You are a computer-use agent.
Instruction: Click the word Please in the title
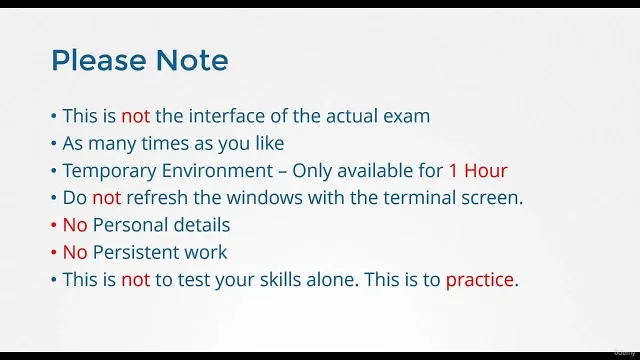pos(99,60)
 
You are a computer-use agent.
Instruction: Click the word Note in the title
pos(192,60)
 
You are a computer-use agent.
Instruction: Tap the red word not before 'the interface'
pos(136,116)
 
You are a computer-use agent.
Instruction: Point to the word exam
pos(407,117)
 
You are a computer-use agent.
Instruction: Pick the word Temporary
pos(109,171)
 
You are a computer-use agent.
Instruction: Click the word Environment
pos(218,171)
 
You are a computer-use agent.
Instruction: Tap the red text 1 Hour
pos(478,171)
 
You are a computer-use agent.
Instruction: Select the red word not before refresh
pos(107,198)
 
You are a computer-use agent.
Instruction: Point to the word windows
pos(264,198)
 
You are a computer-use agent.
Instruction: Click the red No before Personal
pos(75,225)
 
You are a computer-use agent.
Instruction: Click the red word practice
pos(480,280)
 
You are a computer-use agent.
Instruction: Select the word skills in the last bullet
pos(280,280)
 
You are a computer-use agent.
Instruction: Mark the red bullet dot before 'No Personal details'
pos(53,225)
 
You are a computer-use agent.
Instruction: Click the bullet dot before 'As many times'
pos(53,144)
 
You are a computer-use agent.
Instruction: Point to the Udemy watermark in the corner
pos(624,353)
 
